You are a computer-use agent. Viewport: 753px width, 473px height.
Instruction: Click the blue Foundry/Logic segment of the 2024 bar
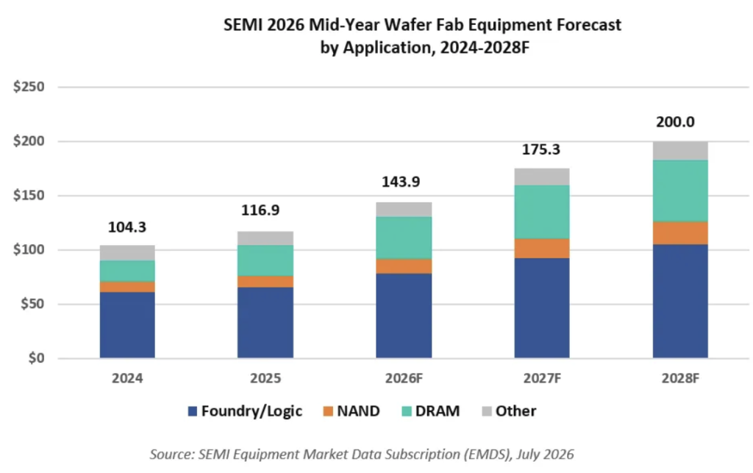127,324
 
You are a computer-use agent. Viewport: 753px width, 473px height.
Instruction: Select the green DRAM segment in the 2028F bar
680,191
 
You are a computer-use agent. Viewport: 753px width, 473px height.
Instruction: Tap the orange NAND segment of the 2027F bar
542,248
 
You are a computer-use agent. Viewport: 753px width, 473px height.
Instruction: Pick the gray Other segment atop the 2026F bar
404,210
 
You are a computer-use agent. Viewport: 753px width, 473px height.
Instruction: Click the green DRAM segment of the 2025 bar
265,260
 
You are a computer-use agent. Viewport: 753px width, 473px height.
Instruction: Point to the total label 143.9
401,182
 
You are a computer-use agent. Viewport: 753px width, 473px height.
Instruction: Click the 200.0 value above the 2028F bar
675,122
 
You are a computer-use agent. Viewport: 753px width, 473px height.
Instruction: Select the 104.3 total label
126,227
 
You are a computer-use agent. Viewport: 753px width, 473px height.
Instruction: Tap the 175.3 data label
540,149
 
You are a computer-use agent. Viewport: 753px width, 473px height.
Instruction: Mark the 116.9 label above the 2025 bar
260,210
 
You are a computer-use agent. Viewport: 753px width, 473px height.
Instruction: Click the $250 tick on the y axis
29,87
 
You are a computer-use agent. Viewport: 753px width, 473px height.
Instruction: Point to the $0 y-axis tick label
36,358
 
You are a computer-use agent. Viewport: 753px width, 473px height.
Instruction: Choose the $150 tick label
29,196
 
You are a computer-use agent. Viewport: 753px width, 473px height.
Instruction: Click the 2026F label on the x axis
404,378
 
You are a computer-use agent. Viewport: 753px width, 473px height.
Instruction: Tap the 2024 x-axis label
127,378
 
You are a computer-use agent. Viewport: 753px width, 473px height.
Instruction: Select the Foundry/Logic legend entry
245,411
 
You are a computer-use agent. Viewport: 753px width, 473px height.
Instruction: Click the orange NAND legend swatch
328,411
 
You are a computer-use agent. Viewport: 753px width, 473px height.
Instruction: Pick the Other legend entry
509,411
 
